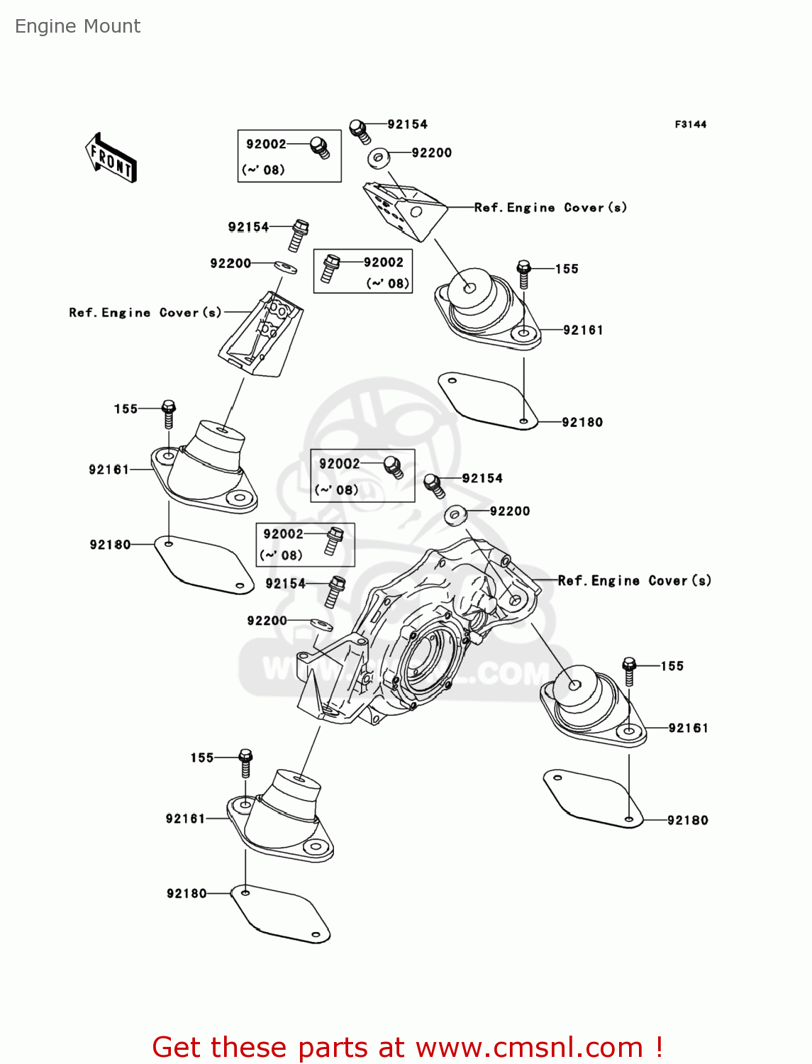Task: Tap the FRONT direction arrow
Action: coord(111,158)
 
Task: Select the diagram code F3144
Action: coord(691,125)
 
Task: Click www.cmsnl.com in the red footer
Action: coord(530,1047)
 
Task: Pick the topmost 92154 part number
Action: coord(407,125)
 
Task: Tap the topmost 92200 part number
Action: coord(431,153)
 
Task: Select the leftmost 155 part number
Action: coord(126,409)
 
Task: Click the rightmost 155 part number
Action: coord(672,666)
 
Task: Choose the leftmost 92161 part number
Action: coord(109,470)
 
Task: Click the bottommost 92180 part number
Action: coord(187,893)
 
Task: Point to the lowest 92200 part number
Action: coord(267,621)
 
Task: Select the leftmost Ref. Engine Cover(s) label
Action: coord(145,313)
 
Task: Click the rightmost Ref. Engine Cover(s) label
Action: coord(634,581)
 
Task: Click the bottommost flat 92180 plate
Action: coord(280,914)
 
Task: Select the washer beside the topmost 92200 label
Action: coord(379,158)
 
